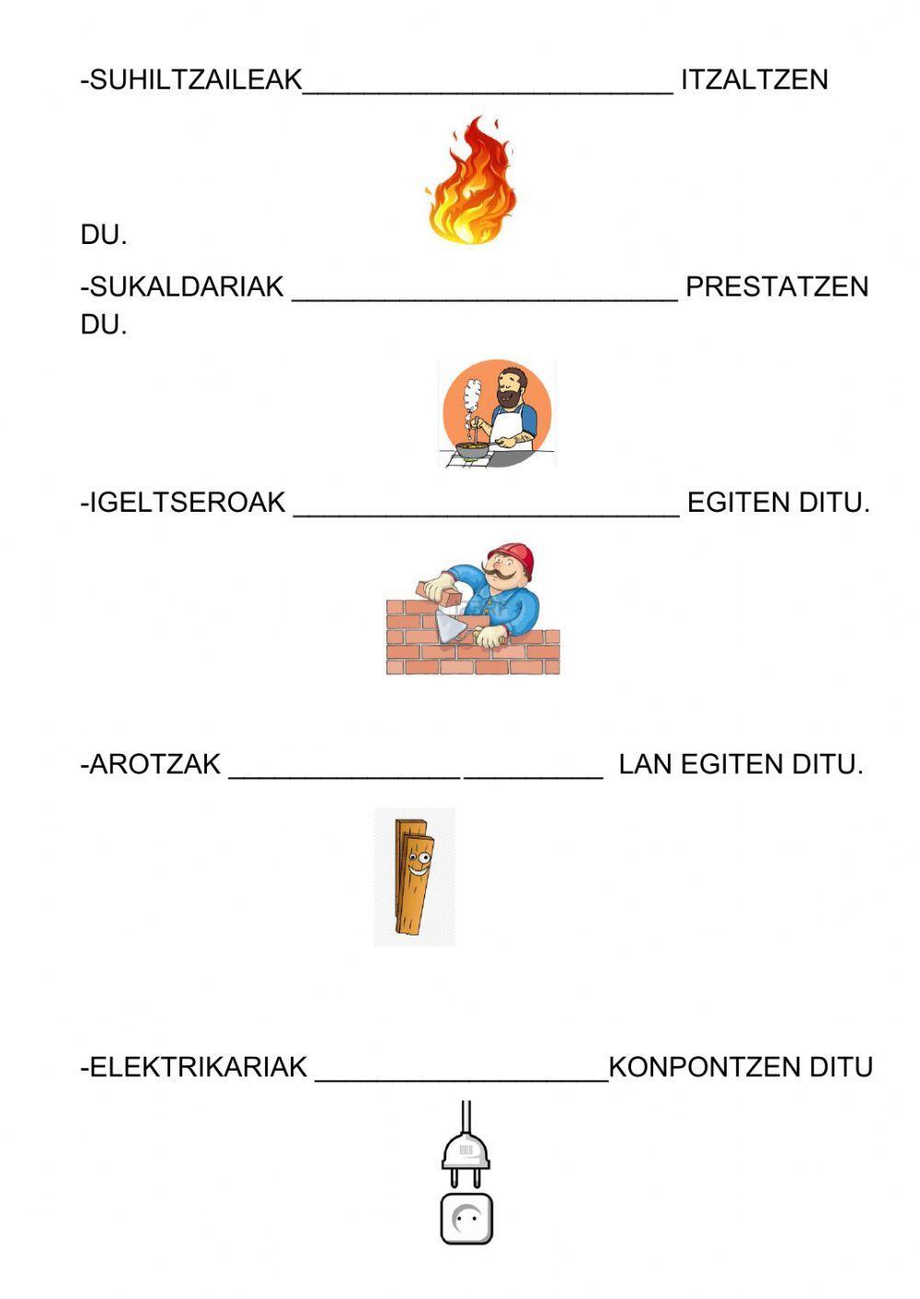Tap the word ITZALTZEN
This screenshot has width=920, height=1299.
(754, 80)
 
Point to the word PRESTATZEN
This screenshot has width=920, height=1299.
(776, 287)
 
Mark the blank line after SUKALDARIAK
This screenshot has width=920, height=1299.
(485, 296)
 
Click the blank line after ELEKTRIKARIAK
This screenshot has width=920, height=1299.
(462, 1077)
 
